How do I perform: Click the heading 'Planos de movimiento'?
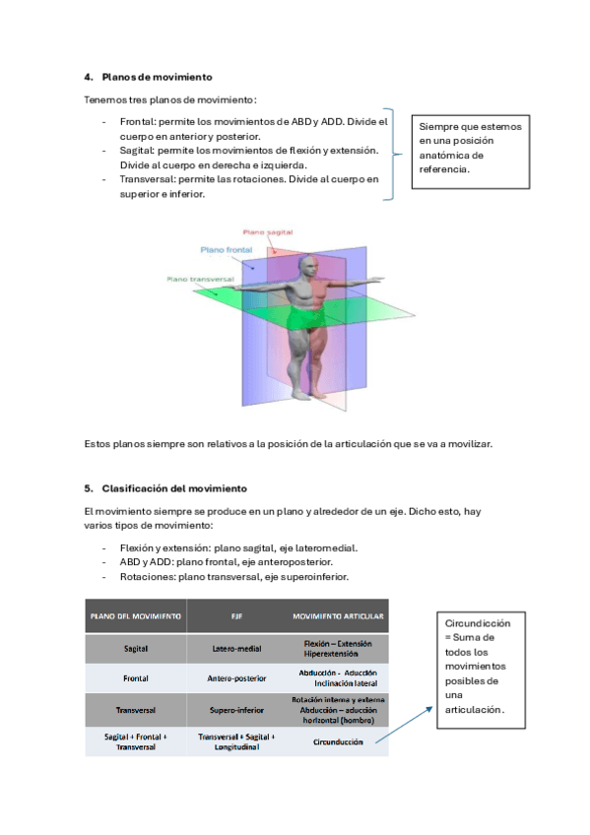(157, 77)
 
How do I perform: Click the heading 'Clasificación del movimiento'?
(174, 488)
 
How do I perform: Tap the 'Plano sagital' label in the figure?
(268, 232)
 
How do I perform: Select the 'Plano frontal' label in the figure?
(227, 250)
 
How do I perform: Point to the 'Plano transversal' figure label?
(200, 279)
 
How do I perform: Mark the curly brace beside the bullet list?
(393, 155)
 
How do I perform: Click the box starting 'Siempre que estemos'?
(471, 152)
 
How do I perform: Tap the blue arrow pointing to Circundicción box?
(404, 725)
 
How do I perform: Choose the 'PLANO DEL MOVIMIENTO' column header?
(136, 616)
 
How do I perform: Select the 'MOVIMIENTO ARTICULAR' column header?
(338, 616)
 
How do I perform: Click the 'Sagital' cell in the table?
(136, 649)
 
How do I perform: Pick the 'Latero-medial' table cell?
(237, 649)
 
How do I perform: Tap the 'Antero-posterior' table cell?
(237, 678)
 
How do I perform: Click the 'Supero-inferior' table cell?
(237, 710)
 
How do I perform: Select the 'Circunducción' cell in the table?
(338, 741)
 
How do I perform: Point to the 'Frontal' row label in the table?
(136, 678)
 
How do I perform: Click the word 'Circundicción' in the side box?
(478, 623)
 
